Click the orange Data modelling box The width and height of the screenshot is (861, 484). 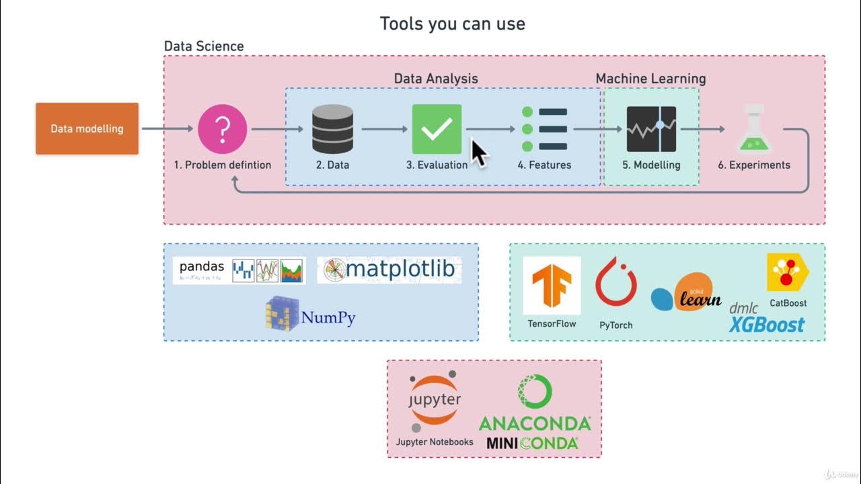[x=87, y=128]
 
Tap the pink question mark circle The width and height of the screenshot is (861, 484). [x=223, y=129]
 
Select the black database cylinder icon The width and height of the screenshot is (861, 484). [x=332, y=129]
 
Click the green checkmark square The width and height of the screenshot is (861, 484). [x=437, y=129]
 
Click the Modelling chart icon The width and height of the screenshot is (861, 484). [x=651, y=129]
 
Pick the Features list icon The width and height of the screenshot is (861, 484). [x=545, y=129]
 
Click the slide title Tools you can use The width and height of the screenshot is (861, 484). [x=452, y=24]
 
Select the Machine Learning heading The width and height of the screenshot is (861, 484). [x=650, y=79]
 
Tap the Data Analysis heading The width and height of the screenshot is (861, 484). [x=436, y=79]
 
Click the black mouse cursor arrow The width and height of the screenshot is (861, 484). [x=478, y=152]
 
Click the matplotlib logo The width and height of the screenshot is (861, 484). [x=389, y=270]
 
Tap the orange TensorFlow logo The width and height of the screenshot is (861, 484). [x=552, y=286]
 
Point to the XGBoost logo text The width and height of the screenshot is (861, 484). [x=767, y=324]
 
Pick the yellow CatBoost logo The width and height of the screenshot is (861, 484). [x=787, y=272]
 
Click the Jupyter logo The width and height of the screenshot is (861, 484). [x=435, y=401]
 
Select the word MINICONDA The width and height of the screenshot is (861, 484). [x=532, y=443]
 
